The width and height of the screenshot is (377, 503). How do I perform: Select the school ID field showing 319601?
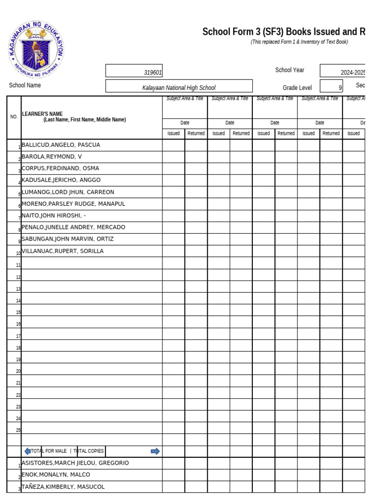[134, 72]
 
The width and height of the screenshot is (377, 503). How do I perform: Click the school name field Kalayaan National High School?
[179, 87]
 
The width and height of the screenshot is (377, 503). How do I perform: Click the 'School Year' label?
[290, 70]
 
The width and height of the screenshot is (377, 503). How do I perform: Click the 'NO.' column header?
[14, 117]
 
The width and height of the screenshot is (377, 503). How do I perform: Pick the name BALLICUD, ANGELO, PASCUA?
[61, 145]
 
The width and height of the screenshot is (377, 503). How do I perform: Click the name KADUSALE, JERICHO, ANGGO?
[61, 180]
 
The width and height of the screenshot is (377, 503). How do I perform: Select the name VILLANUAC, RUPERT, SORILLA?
[63, 251]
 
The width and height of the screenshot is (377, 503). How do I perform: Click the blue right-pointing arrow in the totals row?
[155, 451]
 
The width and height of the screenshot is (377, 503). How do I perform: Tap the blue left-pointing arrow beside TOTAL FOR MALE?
[27, 451]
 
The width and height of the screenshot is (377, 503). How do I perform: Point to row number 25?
[18, 430]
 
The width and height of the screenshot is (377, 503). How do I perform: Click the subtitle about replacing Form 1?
[299, 42]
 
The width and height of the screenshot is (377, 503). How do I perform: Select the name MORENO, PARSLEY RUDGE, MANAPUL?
[74, 204]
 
